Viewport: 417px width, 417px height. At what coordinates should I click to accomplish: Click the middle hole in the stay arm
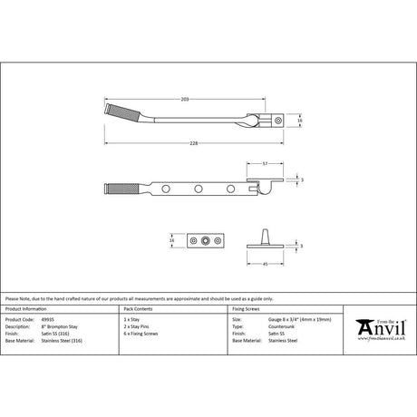coord(198,189)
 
